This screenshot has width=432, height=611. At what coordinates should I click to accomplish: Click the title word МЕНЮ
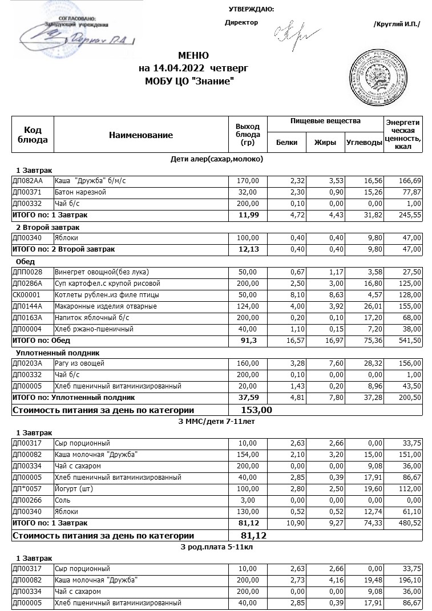tap(193, 56)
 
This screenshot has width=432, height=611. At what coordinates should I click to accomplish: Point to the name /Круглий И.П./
tap(396, 24)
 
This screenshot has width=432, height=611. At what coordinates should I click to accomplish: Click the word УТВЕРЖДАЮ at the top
tap(251, 9)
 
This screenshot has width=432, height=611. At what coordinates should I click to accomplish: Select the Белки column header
tap(286, 143)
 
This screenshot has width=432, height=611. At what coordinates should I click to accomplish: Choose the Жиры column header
tap(325, 143)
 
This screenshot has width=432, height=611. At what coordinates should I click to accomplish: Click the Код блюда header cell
tap(33, 135)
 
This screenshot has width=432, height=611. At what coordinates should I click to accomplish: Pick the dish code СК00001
tap(25, 295)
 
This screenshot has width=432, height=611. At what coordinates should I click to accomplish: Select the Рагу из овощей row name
tap(72, 363)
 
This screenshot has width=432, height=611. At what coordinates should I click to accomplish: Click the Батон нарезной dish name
tap(80, 192)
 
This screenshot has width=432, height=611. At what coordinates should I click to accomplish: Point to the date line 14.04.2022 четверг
tap(193, 68)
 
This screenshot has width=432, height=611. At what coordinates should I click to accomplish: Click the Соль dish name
tap(62, 500)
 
